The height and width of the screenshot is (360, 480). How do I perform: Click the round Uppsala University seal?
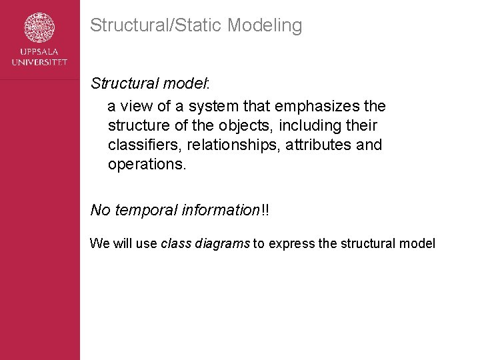coord(40,28)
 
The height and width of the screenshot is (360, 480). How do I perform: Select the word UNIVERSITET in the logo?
coord(40,62)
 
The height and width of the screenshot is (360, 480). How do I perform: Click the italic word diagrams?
coord(223,244)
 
